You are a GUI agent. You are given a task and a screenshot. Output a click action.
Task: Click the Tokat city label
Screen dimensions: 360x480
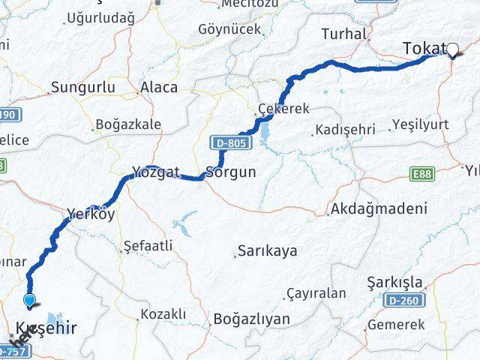(424, 49)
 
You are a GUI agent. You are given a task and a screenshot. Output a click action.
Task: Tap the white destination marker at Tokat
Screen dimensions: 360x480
(452, 51)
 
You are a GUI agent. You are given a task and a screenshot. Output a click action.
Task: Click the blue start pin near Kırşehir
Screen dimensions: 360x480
(30, 301)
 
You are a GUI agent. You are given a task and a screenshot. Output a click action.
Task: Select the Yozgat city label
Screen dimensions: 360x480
(155, 172)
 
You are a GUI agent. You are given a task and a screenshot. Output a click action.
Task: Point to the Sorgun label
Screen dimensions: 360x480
(231, 172)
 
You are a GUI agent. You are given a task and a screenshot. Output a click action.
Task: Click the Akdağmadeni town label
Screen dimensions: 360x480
(379, 209)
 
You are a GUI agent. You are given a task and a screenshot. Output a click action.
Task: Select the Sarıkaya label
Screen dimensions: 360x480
(267, 250)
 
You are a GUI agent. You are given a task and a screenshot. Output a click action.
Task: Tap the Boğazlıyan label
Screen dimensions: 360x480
(251, 319)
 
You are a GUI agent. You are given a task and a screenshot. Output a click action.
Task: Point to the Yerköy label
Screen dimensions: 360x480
(90, 213)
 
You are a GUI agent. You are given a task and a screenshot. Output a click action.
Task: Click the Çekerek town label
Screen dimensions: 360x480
(283, 109)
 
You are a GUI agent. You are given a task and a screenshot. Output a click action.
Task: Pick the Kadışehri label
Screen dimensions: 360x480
(345, 130)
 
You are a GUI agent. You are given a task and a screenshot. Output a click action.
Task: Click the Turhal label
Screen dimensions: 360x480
(343, 33)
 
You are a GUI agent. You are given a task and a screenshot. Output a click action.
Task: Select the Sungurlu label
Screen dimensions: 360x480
(82, 88)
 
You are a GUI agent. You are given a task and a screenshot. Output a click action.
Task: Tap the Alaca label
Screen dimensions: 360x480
(159, 87)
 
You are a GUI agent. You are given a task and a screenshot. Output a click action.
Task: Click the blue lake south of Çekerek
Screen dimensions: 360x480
(265, 135)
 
